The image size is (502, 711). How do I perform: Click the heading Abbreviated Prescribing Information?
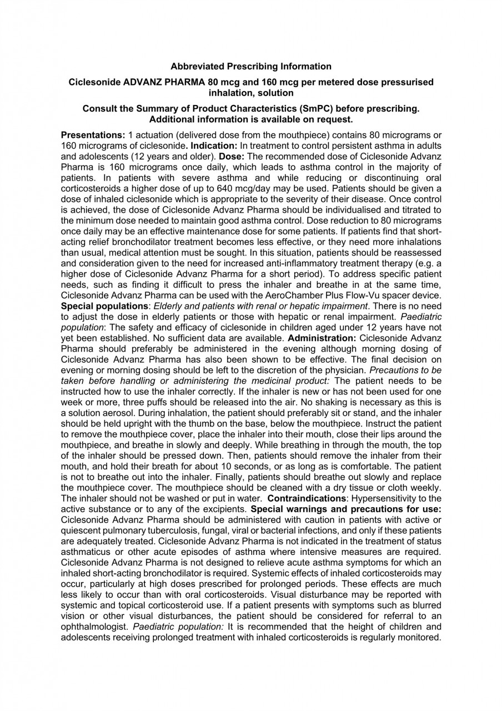click(251, 67)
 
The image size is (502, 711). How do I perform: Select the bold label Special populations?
click(104, 306)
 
